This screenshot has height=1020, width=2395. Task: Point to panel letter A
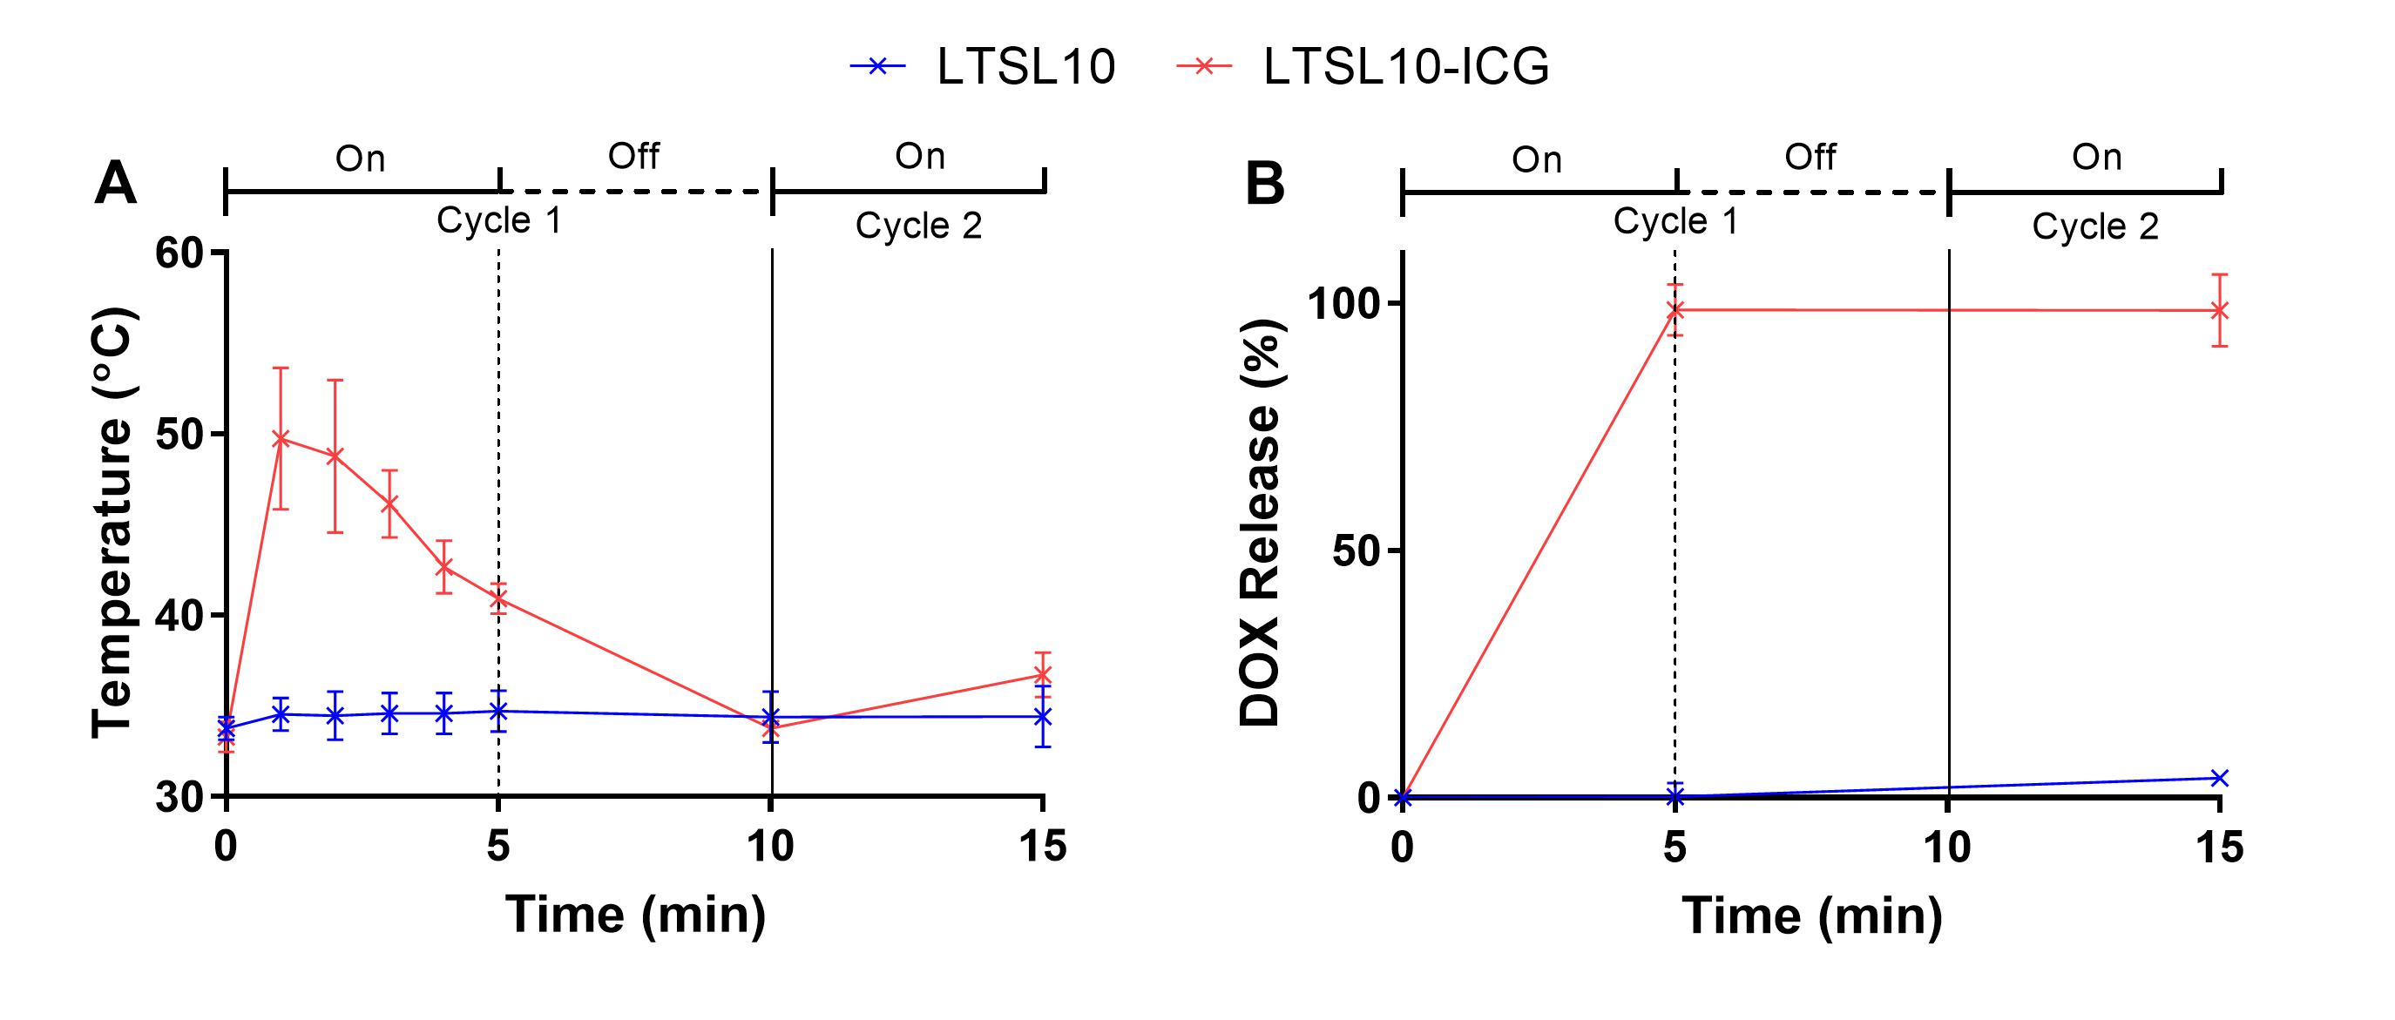pos(115,183)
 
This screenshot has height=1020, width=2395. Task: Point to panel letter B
pos(1264,183)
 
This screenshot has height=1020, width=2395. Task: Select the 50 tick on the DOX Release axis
pos(1356,551)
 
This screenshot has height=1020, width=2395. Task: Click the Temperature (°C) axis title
pos(113,523)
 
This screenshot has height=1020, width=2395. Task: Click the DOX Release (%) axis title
pos(1262,523)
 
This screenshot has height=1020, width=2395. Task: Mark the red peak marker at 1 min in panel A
pos(281,438)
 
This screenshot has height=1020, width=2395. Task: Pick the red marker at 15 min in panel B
pos(2219,311)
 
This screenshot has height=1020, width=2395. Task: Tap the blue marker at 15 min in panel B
pos(2219,777)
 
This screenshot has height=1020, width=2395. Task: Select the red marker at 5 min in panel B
pos(1675,309)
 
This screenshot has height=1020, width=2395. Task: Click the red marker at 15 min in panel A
pos(1043,675)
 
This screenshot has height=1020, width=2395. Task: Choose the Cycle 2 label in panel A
pos(918,226)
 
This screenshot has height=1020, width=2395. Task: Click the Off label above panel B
pos(1810,157)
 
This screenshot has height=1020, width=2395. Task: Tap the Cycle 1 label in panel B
pos(1675,221)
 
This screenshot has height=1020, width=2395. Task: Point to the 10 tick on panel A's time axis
pos(771,846)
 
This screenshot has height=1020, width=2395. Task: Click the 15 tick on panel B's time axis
pos(2219,847)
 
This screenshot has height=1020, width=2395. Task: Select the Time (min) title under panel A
pos(636,914)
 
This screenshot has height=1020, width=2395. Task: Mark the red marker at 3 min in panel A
pos(389,503)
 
